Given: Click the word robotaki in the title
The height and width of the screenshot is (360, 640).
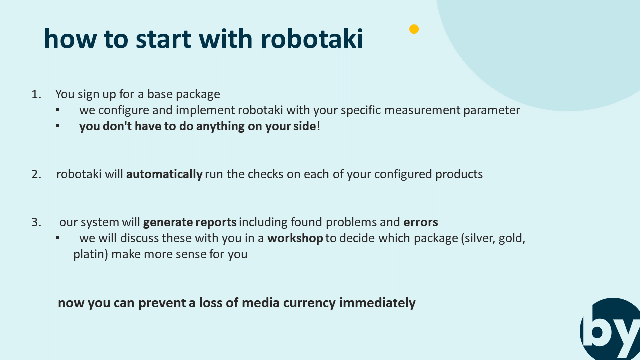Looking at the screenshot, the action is click(312, 39).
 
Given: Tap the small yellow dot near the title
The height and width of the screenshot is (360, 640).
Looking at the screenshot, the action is click(414, 29).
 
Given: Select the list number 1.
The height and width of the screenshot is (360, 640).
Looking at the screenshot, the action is click(36, 94).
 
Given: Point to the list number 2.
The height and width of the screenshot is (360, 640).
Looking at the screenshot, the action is click(36, 174).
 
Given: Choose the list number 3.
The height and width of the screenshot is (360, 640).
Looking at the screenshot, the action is click(36, 222).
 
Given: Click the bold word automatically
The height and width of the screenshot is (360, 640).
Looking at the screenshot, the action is click(164, 175).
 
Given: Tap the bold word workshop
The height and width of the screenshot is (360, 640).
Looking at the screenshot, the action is click(295, 238).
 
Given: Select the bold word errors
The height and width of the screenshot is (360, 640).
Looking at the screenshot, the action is click(421, 222).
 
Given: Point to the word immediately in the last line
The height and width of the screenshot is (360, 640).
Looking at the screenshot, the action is click(377, 303).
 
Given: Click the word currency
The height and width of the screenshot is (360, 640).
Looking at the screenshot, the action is click(309, 303).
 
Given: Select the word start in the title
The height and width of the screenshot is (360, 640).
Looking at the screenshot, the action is click(163, 39).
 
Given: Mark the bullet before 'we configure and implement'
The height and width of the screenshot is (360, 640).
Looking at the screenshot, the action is click(57, 110).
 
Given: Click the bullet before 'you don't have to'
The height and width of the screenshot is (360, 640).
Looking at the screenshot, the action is click(57, 126).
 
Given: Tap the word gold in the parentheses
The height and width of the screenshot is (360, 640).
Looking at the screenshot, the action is click(511, 239).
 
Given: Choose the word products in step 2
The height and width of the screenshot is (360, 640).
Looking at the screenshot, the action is click(459, 175).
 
